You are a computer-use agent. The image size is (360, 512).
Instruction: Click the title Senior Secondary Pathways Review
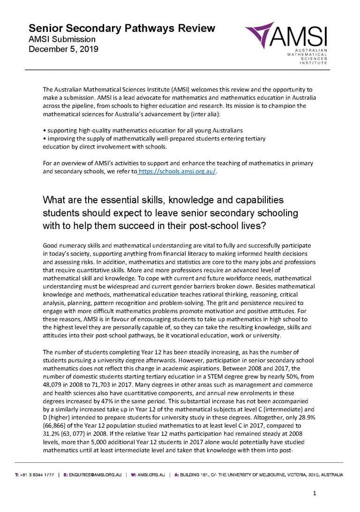(122, 28)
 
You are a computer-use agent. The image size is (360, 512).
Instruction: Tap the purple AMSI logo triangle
(263, 33)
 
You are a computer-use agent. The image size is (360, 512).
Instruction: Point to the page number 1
(315, 493)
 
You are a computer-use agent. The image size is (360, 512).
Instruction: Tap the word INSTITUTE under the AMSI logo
(314, 63)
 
